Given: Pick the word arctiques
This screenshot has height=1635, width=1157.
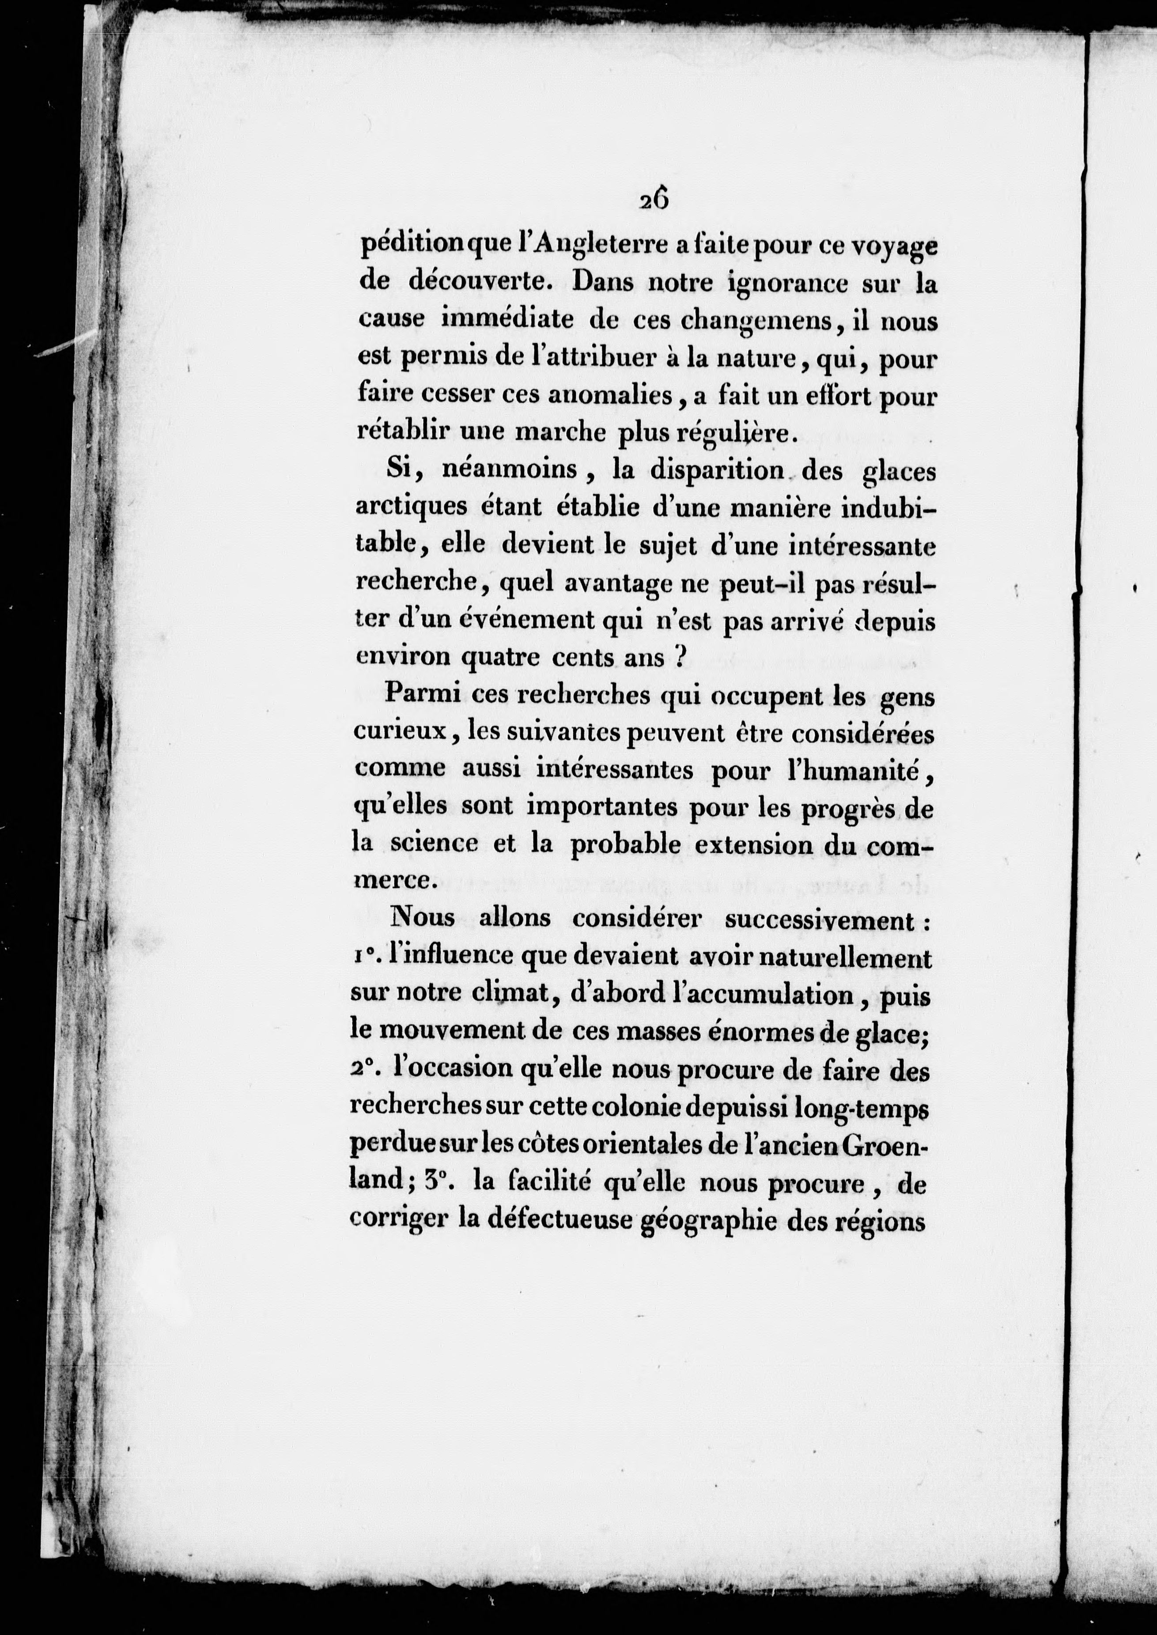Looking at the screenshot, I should (x=412, y=507).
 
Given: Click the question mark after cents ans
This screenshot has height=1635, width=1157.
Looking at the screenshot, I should (x=679, y=657).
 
